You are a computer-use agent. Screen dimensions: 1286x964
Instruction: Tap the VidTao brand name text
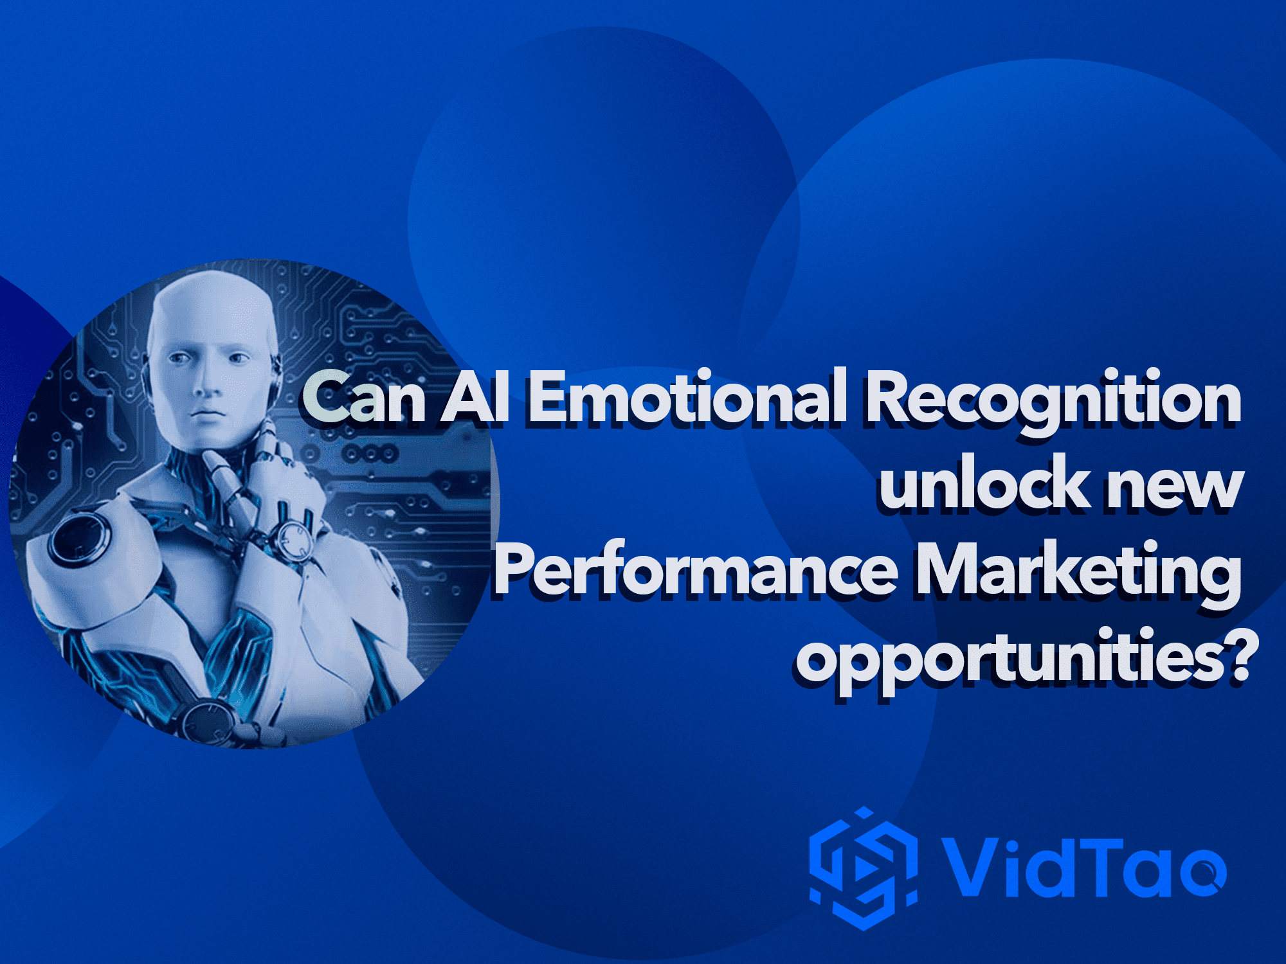tap(1083, 867)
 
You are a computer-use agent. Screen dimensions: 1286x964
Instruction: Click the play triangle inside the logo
tap(865, 869)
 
